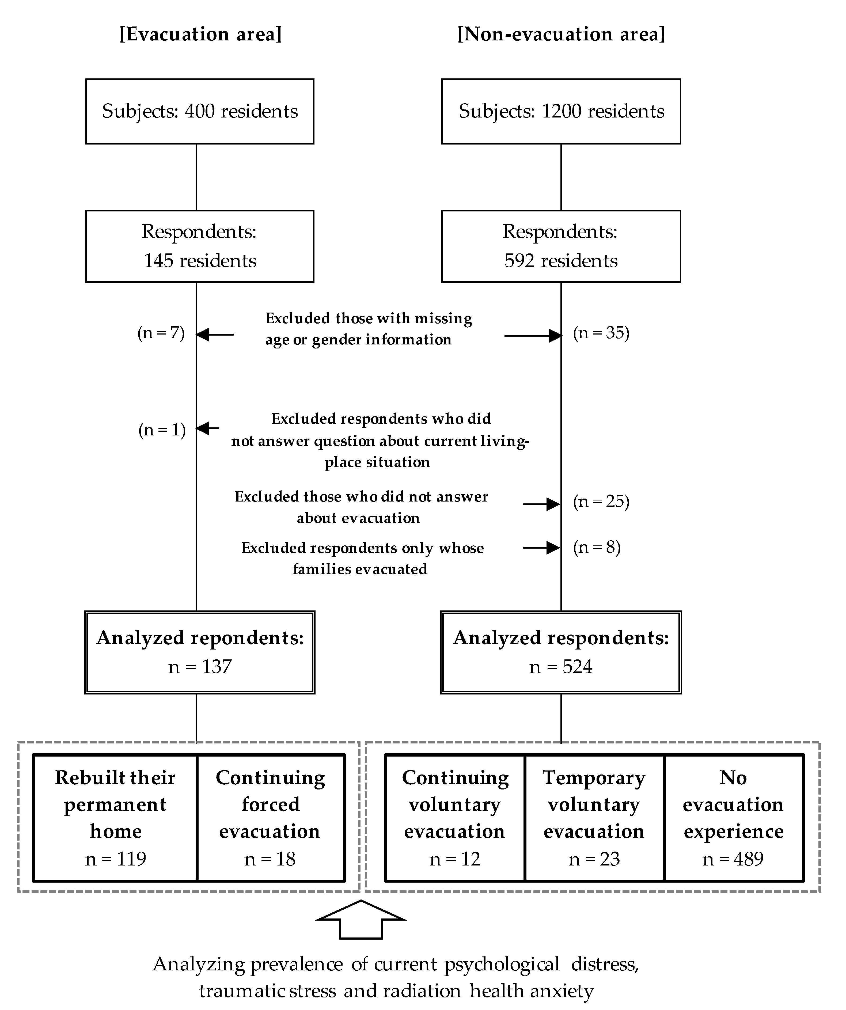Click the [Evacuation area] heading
200,35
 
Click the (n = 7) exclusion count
161,333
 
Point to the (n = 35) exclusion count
601,333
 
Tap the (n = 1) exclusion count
162,430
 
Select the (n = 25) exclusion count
601,502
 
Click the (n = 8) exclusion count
597,547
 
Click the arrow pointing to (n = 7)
215,334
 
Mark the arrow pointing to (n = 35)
533,335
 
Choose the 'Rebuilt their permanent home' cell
115,818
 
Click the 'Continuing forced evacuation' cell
271,818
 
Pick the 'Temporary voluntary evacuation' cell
594,818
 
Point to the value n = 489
733,859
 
